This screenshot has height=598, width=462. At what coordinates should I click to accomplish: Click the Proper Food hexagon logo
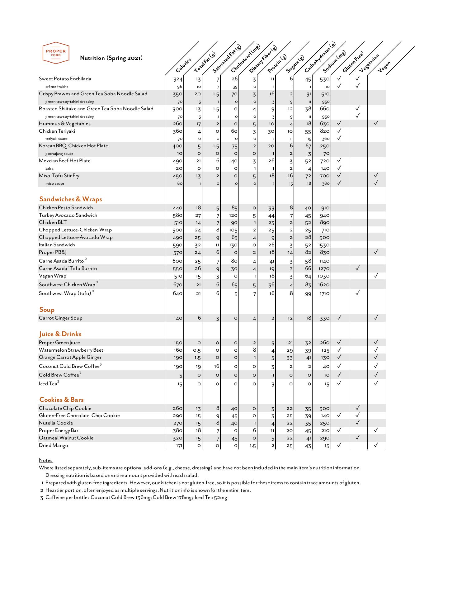[56, 53]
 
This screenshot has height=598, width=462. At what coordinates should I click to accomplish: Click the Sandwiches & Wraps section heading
[71, 199]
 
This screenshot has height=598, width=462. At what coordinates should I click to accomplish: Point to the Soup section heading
[47, 310]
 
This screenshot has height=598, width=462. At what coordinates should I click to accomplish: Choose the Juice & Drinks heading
[60, 334]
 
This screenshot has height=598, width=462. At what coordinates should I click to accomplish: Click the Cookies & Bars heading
[61, 400]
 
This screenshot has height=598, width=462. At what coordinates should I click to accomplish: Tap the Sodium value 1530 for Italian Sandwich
[324, 245]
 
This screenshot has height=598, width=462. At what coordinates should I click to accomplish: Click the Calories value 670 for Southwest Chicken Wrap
[177, 285]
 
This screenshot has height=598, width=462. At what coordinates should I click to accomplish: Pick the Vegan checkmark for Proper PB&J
[376, 252]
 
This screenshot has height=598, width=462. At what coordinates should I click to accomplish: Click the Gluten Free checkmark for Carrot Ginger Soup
[339, 317]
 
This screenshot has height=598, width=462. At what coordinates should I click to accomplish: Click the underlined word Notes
[45, 460]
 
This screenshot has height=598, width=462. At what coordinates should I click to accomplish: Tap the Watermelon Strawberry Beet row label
[71, 350]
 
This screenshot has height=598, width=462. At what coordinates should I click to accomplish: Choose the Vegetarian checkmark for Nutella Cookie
[358, 422]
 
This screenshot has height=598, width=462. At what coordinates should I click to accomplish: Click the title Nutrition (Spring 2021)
[111, 58]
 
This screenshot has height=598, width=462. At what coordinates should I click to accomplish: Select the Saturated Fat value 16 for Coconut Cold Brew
[217, 366]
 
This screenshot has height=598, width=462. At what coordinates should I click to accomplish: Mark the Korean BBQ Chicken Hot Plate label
[73, 146]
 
